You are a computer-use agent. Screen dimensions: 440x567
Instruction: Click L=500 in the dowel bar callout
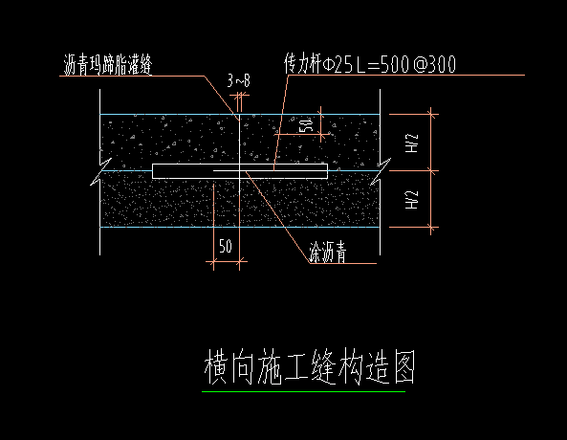coord(381,64)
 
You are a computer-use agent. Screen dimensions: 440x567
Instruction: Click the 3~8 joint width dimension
coord(239,81)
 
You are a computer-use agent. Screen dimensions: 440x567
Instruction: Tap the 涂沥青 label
coord(327,253)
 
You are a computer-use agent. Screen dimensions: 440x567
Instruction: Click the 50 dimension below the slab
coord(226,246)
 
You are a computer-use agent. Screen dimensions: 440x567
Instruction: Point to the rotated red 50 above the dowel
coord(304,126)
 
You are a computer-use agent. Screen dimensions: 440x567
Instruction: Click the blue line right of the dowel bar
coord(354,170)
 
